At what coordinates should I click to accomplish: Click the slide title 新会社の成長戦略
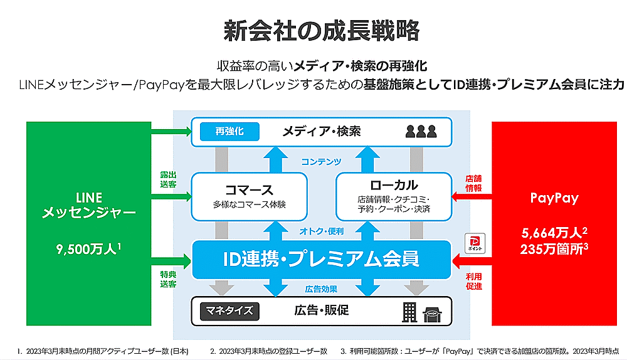[x=313, y=30]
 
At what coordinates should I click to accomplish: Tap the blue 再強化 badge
[x=229, y=131]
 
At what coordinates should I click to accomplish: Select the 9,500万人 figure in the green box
[x=88, y=249]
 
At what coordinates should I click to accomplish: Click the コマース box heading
[x=249, y=189]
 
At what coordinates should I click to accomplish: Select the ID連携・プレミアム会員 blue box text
[x=322, y=258]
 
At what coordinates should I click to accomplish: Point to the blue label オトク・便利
[x=322, y=231]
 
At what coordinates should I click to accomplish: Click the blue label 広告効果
[x=322, y=289]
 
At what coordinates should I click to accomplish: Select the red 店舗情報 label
[x=473, y=183]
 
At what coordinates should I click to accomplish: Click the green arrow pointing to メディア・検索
[x=171, y=131]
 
